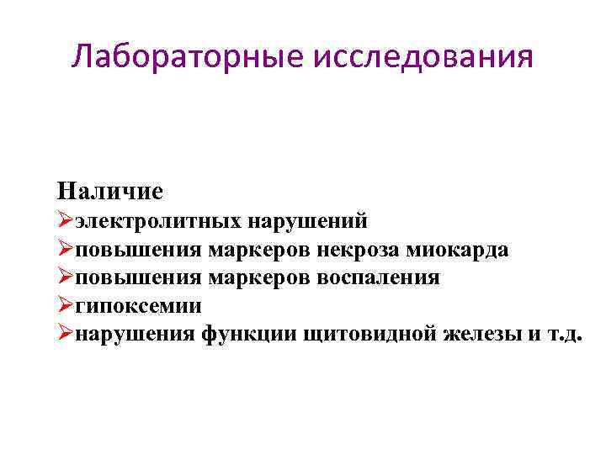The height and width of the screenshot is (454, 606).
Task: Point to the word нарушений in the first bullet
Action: coord(308,222)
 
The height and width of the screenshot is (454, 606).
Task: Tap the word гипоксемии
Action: coord(138,305)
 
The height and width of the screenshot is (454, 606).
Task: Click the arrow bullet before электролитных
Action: coord(66,222)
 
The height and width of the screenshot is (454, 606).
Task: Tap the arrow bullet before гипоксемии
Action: coord(66,305)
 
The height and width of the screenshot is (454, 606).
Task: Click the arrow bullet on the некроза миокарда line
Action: coord(66,250)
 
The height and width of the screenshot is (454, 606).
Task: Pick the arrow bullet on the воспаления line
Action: coord(66,277)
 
